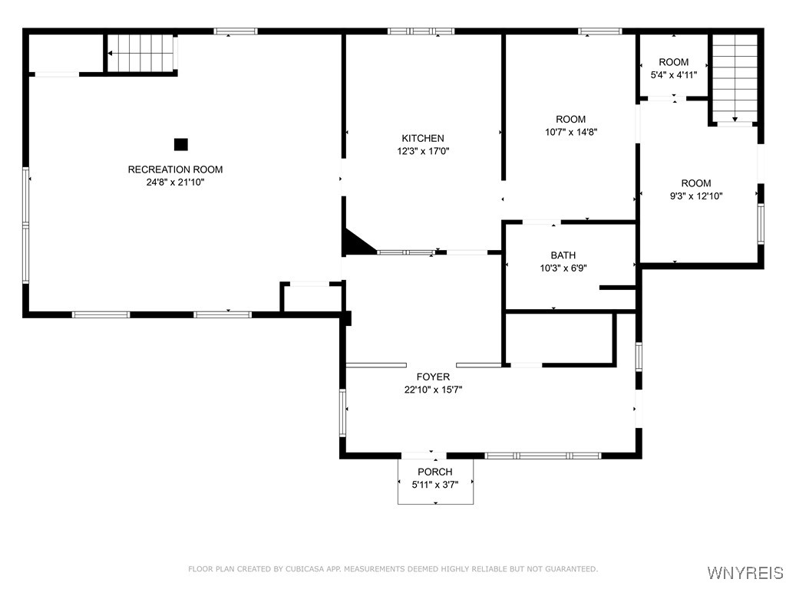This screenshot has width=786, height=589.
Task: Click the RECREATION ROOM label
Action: point(175,169)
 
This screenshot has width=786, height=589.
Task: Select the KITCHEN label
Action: point(422,138)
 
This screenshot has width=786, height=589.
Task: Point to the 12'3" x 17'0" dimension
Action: point(422,151)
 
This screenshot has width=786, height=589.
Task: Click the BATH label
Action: point(563,255)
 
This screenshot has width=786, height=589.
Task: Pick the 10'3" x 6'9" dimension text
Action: point(563,268)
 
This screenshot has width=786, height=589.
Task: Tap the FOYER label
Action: point(433,377)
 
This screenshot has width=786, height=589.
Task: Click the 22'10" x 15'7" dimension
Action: point(433,390)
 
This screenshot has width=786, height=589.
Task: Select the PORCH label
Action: point(435,472)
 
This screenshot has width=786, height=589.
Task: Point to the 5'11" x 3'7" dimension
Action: point(435,485)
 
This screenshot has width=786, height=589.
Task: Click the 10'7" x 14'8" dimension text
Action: point(570,132)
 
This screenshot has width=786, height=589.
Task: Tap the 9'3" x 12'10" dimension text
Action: point(696,196)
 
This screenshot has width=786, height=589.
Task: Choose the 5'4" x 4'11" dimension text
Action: point(673,75)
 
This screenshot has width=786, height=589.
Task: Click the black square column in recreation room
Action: point(180,144)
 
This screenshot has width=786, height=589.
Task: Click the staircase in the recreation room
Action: point(141,53)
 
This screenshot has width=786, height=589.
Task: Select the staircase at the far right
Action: point(735,77)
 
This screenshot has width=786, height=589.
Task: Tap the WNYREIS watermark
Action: point(745,573)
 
